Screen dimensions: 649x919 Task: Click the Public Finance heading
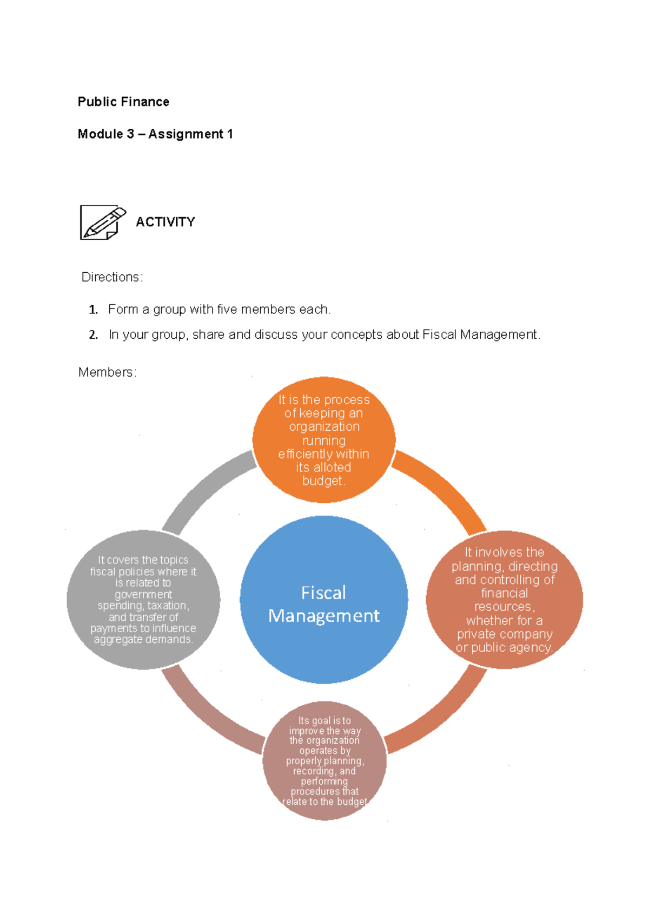tap(123, 102)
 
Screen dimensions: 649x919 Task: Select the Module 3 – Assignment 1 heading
tap(155, 134)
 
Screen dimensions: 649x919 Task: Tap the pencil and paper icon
tap(103, 222)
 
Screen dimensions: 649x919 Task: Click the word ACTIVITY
tap(165, 222)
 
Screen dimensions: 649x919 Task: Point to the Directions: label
tap(112, 277)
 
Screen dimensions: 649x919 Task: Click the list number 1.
tap(93, 310)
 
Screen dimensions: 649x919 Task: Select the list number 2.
tap(93, 335)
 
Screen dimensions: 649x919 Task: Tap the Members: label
tap(108, 372)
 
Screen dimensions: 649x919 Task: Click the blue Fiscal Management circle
tap(324, 600)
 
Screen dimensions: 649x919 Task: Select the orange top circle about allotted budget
tap(324, 440)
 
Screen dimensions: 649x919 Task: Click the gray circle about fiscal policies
tap(143, 600)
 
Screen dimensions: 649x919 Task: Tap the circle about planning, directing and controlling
tap(504, 600)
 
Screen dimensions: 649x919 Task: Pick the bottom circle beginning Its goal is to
tap(325, 761)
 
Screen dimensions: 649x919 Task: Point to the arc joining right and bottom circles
tap(446, 717)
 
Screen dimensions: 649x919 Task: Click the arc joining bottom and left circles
tap(202, 717)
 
